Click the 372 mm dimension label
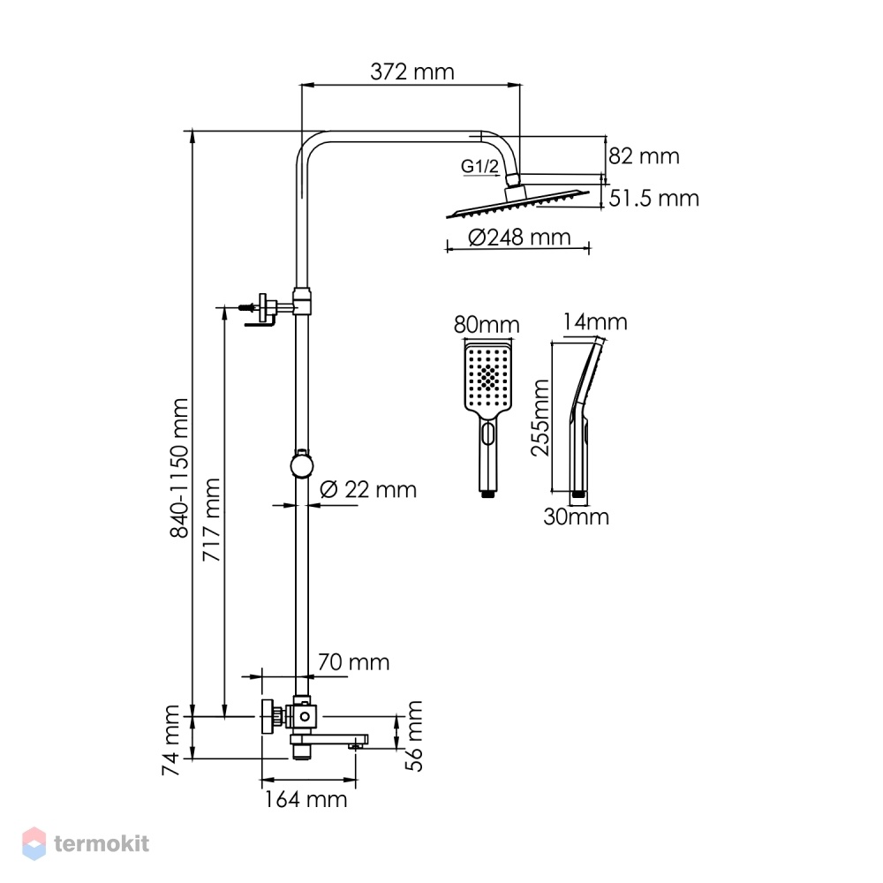click(x=411, y=72)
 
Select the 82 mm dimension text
click(x=644, y=156)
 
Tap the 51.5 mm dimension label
click(x=653, y=198)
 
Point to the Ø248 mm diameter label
click(x=519, y=237)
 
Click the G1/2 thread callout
click(x=479, y=166)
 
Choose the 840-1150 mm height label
click(x=179, y=468)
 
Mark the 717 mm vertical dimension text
click(x=211, y=520)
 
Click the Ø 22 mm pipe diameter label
click(x=368, y=490)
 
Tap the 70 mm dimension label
click(x=354, y=662)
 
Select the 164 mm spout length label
click(x=306, y=799)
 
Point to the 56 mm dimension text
click(x=414, y=736)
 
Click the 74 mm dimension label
click(x=170, y=740)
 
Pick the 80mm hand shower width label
click(x=487, y=325)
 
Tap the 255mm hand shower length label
click(x=540, y=418)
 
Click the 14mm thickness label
click(x=595, y=322)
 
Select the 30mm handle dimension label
click(x=576, y=517)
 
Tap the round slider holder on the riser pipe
click(x=302, y=464)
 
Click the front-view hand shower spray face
click(x=487, y=377)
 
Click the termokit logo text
click(x=102, y=843)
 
